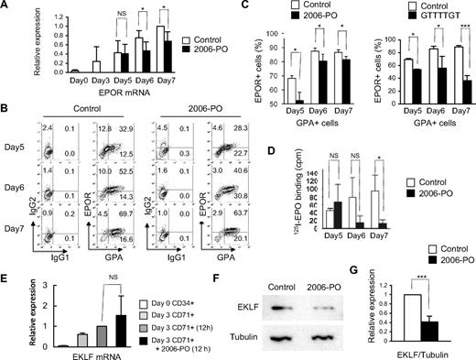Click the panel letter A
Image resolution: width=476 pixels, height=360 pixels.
click(5, 8)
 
